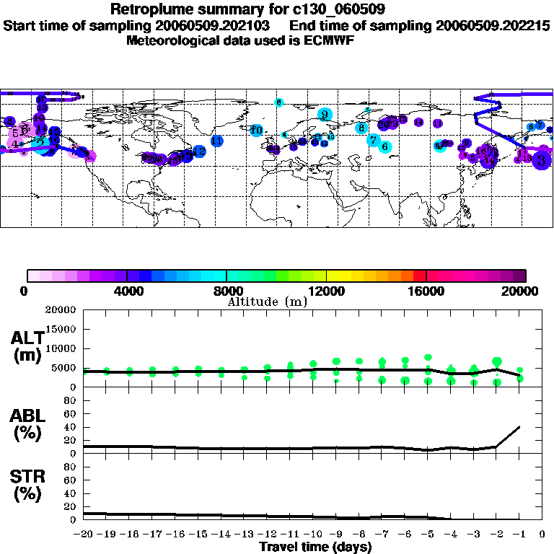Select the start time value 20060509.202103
coord(216,25)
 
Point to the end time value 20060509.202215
coord(493,25)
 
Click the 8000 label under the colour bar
coord(227,291)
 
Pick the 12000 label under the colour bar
coord(326,291)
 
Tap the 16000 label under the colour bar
coord(426,291)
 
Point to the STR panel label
coord(27,485)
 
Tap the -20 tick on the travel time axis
coord(84,535)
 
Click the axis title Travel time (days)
coord(315,547)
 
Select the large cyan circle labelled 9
coord(325,114)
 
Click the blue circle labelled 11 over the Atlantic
coord(216,141)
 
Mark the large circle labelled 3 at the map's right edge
coord(542,162)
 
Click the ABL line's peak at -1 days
coord(519,426)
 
